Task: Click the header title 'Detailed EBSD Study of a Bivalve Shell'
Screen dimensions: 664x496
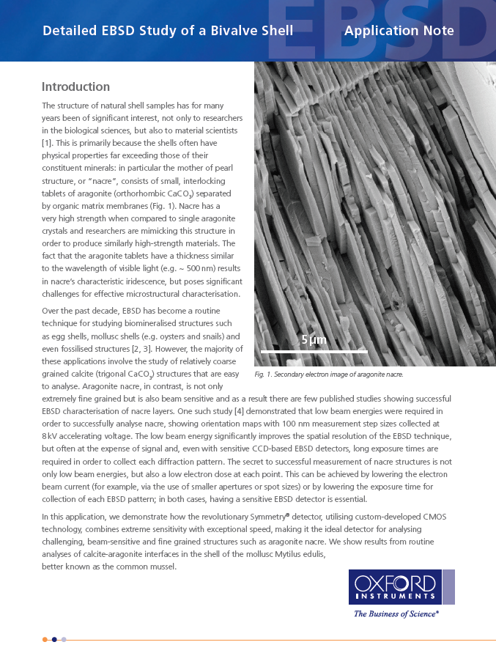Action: [168, 31]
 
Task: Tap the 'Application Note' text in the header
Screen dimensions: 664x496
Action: [399, 31]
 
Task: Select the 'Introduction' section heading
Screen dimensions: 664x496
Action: [75, 86]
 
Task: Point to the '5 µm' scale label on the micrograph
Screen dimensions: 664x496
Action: [314, 340]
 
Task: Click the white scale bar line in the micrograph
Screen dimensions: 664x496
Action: [314, 352]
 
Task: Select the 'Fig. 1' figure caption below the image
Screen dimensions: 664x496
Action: [328, 375]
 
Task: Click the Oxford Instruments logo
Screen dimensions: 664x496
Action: [395, 586]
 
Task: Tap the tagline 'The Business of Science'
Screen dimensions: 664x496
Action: [396, 613]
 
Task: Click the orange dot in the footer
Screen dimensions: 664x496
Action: [45, 639]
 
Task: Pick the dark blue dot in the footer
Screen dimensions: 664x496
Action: [54, 639]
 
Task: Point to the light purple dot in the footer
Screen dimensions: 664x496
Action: [64, 639]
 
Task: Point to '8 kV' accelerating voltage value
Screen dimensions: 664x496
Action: [51, 435]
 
